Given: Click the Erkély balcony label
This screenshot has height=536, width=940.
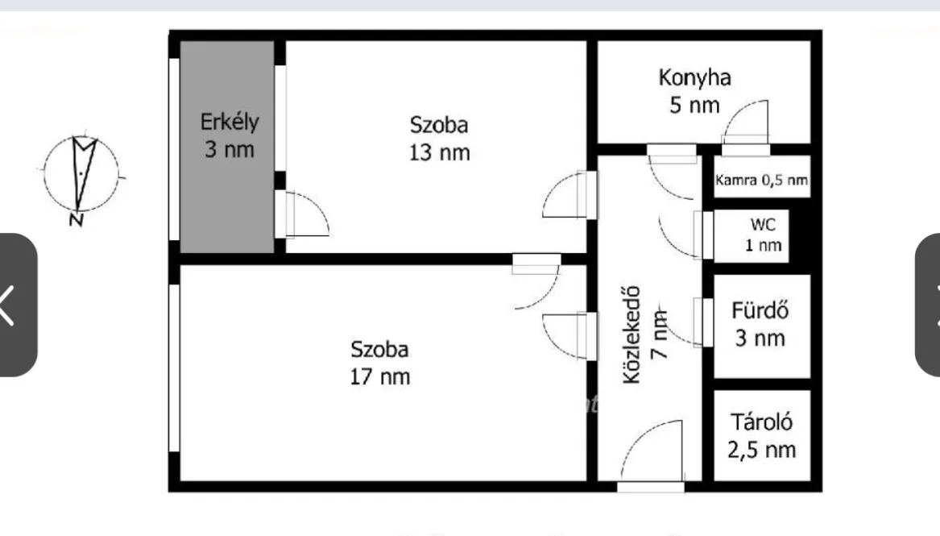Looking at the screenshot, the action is pyautogui.click(x=230, y=123).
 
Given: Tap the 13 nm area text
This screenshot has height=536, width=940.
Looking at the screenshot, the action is pyautogui.click(x=440, y=152).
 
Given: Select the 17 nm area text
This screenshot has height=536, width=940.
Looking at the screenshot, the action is pyautogui.click(x=380, y=376).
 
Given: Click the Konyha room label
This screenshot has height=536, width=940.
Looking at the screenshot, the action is pyautogui.click(x=695, y=78).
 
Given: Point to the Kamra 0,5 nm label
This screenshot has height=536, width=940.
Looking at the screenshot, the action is pyautogui.click(x=761, y=180).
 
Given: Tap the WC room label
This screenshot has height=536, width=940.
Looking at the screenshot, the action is pyautogui.click(x=763, y=224).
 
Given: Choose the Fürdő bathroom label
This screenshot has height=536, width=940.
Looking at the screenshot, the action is pyautogui.click(x=760, y=310).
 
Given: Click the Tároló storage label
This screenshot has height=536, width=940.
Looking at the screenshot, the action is pyautogui.click(x=761, y=422).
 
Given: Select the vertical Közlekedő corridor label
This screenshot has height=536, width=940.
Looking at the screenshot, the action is pyautogui.click(x=631, y=334).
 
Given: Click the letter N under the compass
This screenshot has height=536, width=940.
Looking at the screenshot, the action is pyautogui.click(x=77, y=219).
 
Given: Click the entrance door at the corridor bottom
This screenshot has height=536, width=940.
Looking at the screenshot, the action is pyautogui.click(x=652, y=453).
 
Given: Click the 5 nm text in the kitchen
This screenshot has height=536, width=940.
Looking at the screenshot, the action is pyautogui.click(x=694, y=106).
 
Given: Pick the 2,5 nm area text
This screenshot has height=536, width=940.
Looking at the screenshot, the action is pyautogui.click(x=761, y=450).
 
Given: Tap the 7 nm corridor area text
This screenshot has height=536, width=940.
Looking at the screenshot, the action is pyautogui.click(x=659, y=334).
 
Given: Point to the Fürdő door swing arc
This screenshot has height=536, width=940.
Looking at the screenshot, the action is pyautogui.click(x=677, y=330).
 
